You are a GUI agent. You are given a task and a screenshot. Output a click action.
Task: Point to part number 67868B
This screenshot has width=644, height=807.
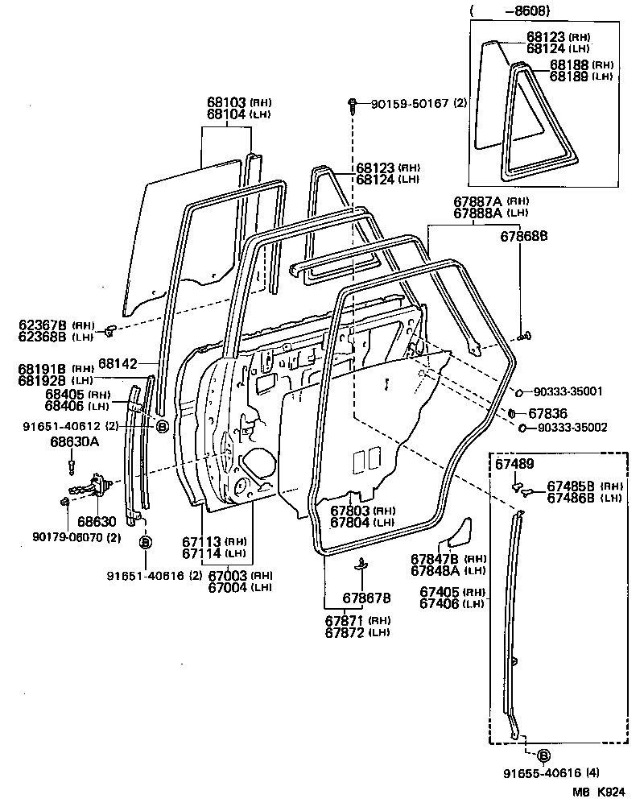524,236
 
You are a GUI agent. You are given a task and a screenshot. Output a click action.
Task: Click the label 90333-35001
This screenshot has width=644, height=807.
571,391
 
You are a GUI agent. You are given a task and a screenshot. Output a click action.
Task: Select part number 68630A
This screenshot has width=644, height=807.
74,441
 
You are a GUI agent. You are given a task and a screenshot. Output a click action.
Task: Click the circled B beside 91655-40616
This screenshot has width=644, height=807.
543,755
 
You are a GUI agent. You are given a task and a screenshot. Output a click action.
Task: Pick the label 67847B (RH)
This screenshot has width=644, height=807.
435,558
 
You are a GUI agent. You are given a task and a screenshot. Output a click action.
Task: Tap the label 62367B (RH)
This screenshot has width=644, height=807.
43,325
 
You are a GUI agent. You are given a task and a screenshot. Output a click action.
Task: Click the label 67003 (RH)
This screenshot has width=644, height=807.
229,575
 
